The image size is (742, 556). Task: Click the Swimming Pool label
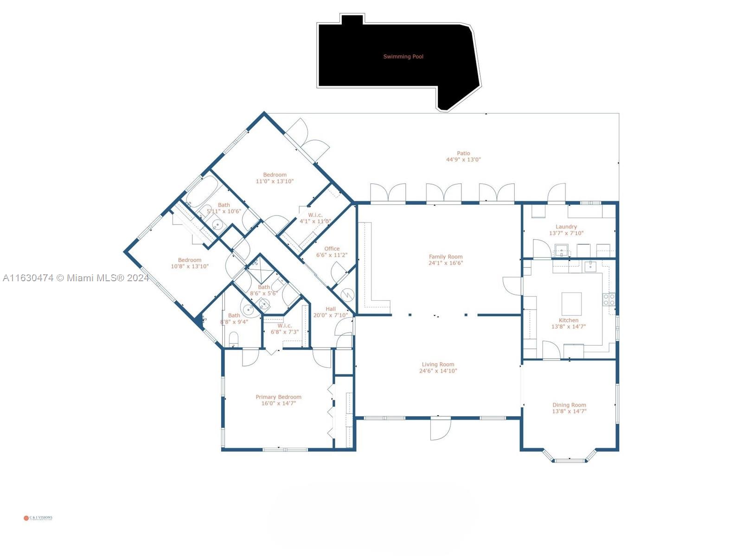[x=403, y=57]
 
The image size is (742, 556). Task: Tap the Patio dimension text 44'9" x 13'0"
[x=463, y=160]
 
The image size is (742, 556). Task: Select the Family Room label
[x=445, y=257]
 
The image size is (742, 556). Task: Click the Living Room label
[x=438, y=365]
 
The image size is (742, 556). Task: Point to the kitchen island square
[x=571, y=304]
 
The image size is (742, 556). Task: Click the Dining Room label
[x=569, y=405]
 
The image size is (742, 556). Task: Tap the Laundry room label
[x=566, y=227]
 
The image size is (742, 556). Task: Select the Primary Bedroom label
[x=278, y=397]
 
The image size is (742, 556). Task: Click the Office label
[x=332, y=249]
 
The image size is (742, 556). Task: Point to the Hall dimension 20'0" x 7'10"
[x=330, y=316]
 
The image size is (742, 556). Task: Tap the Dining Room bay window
[x=569, y=459]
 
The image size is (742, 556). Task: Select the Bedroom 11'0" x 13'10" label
[x=275, y=175]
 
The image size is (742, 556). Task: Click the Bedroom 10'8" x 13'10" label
[x=189, y=260]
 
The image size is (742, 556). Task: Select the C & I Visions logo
[x=38, y=518]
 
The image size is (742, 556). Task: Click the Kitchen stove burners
[x=609, y=299]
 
